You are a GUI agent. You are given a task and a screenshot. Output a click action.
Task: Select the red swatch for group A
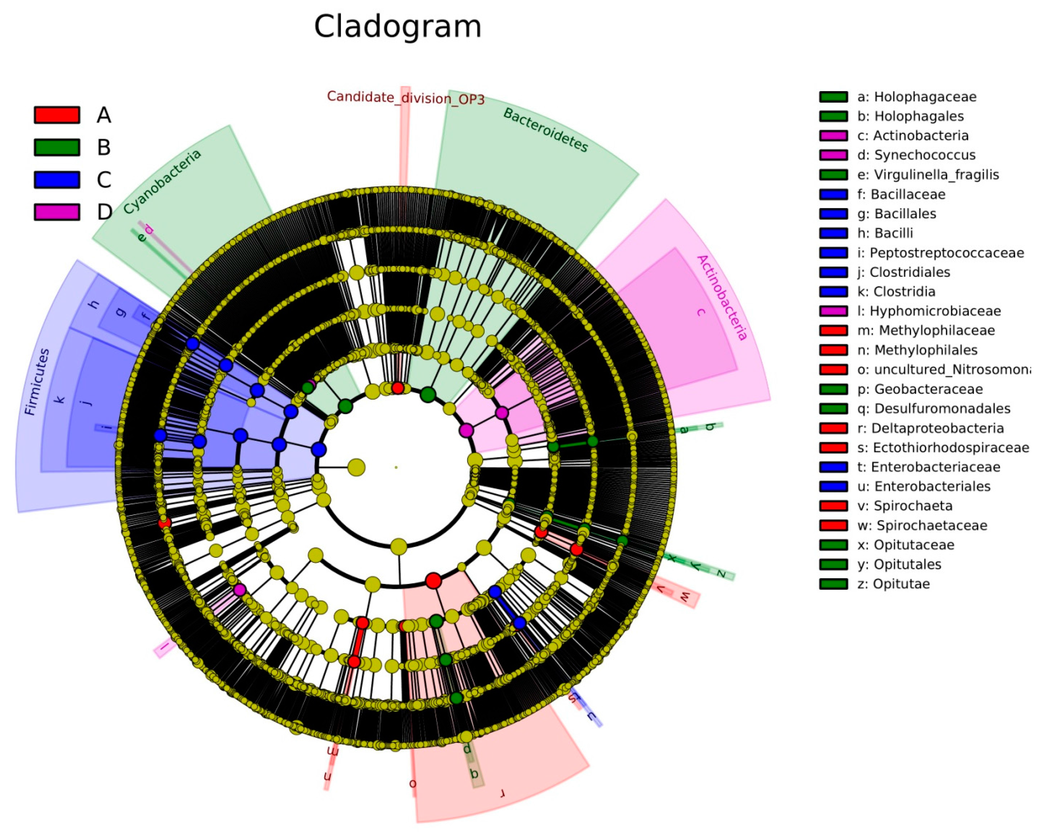tap(57, 115)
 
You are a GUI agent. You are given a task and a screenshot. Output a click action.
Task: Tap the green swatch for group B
tap(57, 148)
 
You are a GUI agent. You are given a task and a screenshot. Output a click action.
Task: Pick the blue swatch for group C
tap(57, 180)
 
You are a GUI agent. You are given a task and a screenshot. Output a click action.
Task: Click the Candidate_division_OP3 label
tap(405, 98)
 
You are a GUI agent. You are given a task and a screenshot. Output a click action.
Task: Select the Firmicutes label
tap(37, 382)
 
